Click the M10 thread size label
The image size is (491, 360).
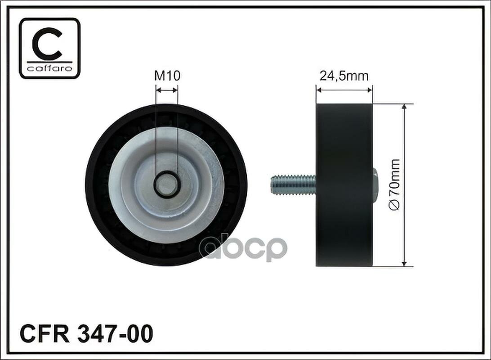[x=168, y=76]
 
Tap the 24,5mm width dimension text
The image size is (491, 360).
[x=344, y=76]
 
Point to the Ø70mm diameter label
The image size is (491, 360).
[x=395, y=184]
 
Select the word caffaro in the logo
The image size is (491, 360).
[x=50, y=67]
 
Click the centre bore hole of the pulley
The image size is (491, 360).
[x=166, y=184]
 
